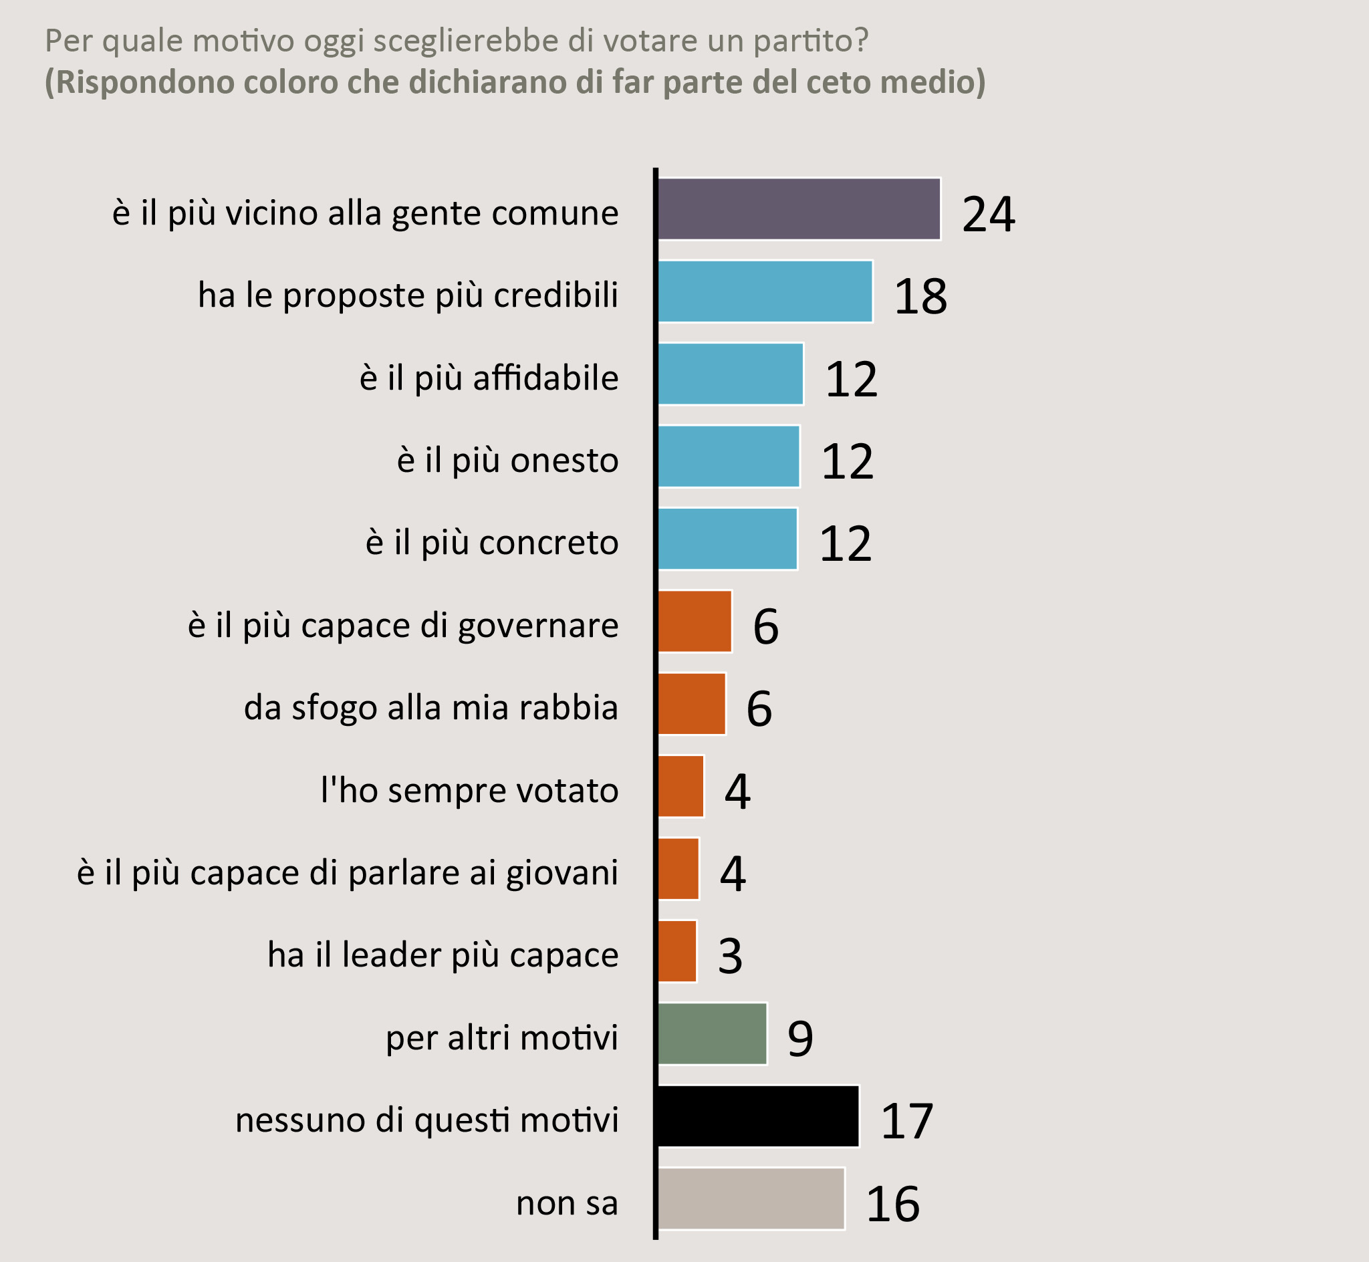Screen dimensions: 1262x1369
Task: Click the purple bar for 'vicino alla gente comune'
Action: pos(799,209)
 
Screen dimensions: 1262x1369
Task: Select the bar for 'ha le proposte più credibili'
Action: pos(765,291)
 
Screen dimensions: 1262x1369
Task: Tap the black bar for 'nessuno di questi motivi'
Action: pos(758,1116)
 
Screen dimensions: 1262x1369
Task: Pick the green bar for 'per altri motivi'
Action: pos(712,1033)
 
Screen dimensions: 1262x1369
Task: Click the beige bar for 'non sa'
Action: pos(751,1198)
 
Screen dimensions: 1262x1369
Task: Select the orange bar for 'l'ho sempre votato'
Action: pos(680,786)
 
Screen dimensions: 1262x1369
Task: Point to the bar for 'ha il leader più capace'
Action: pos(677,951)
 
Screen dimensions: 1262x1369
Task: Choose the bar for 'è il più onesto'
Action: pos(729,457)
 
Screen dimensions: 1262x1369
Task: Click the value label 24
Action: pos(988,215)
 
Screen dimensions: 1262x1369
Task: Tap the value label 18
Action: pos(920,297)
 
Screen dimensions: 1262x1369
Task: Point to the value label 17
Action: pos(906,1122)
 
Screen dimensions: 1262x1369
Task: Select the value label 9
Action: pos(800,1039)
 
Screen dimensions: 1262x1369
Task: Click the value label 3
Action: pos(730,957)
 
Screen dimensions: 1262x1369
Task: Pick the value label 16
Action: pos(892,1204)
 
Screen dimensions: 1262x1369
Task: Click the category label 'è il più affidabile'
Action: pos(489,378)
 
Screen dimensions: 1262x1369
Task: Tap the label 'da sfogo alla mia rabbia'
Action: pos(431,707)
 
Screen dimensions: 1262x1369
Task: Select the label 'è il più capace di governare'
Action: pos(403,625)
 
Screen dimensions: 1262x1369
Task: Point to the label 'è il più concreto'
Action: pos(491,543)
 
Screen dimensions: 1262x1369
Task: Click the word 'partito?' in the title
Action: pos(811,41)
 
